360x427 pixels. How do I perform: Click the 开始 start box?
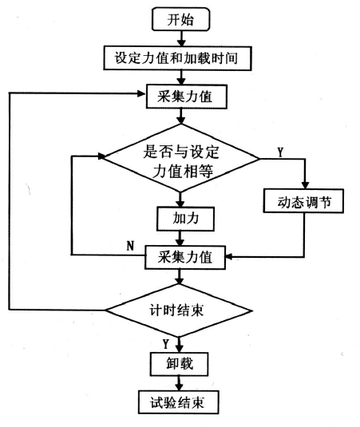[x=181, y=19]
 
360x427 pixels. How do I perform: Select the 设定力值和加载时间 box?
[x=177, y=58]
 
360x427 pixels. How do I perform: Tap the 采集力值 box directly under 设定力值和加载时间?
[x=187, y=97]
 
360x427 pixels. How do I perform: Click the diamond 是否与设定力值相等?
[x=181, y=158]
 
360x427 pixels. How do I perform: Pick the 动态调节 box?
[x=303, y=200]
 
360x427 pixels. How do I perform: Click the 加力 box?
[x=185, y=219]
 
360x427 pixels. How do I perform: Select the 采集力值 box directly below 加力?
[x=185, y=257]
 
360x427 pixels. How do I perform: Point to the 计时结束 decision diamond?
[x=179, y=310]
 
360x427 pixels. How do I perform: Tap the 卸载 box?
[x=179, y=364]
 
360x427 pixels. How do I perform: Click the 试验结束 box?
[x=178, y=402]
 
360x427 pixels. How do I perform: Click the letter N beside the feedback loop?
[x=130, y=246]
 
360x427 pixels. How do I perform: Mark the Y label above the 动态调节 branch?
[x=280, y=152]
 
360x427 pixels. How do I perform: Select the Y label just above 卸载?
[x=166, y=344]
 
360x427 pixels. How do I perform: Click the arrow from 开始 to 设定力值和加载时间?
[x=181, y=38]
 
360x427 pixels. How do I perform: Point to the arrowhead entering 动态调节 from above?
[x=305, y=185]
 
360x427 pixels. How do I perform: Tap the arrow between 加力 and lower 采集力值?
[x=180, y=239]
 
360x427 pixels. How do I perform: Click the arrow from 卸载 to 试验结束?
[x=179, y=383]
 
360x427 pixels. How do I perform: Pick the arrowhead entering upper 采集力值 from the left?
[x=142, y=93]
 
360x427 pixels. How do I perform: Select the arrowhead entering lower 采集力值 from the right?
[x=229, y=256]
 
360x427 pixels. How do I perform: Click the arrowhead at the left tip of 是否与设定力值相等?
[x=101, y=156]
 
